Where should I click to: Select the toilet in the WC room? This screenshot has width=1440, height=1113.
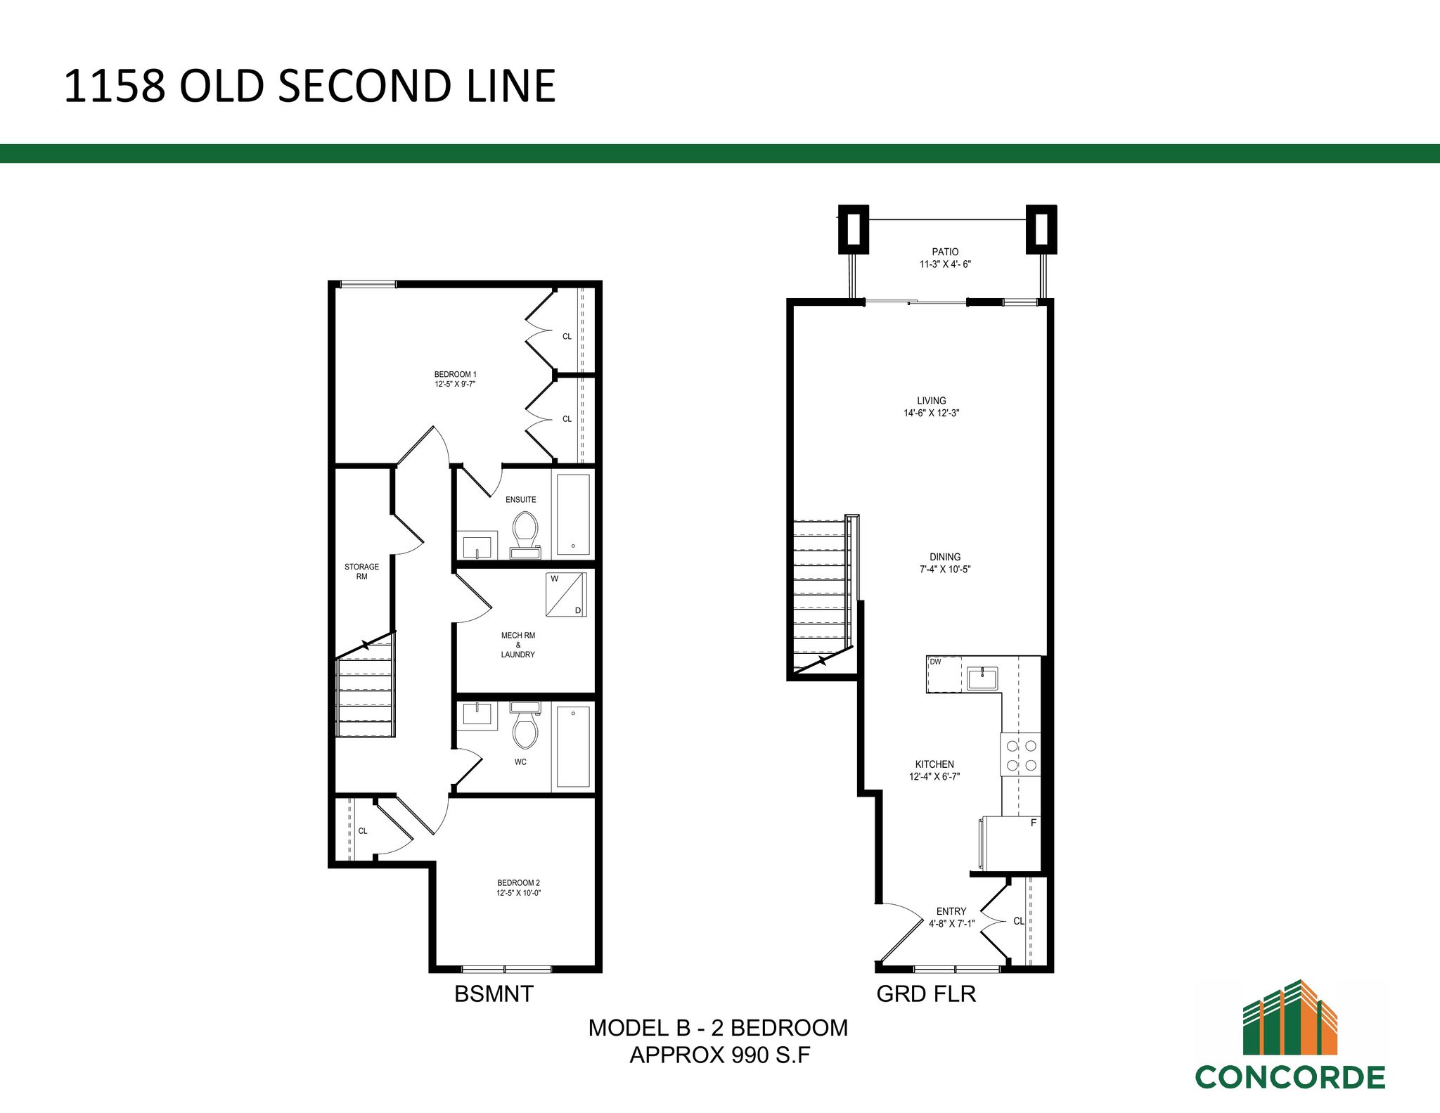pyautogui.click(x=525, y=725)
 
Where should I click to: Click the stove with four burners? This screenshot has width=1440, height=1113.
pyautogui.click(x=1021, y=754)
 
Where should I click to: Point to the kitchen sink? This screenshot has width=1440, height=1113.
pyautogui.click(x=982, y=678)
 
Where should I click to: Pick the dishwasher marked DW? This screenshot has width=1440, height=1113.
pyautogui.click(x=944, y=674)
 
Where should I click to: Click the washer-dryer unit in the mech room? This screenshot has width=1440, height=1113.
pyautogui.click(x=566, y=595)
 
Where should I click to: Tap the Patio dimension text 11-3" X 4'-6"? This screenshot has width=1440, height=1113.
pyautogui.click(x=945, y=264)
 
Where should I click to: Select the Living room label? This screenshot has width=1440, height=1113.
pyautogui.click(x=932, y=401)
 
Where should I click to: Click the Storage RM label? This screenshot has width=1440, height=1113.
pyautogui.click(x=361, y=572)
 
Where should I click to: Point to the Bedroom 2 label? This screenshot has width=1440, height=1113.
pyautogui.click(x=518, y=883)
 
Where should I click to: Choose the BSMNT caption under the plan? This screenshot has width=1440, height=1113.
pyautogui.click(x=494, y=994)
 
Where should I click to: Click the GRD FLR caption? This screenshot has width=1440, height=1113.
pyautogui.click(x=926, y=994)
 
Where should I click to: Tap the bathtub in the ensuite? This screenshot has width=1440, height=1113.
pyautogui.click(x=573, y=515)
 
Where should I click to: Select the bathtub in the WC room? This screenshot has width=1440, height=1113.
pyautogui.click(x=573, y=747)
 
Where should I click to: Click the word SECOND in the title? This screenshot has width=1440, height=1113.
pyautogui.click(x=365, y=86)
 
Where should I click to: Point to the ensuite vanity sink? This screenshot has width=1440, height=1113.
pyautogui.click(x=480, y=546)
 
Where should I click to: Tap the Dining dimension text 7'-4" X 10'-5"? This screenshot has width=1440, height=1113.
pyautogui.click(x=945, y=570)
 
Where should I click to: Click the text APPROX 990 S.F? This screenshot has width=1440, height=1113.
pyautogui.click(x=720, y=1055)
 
